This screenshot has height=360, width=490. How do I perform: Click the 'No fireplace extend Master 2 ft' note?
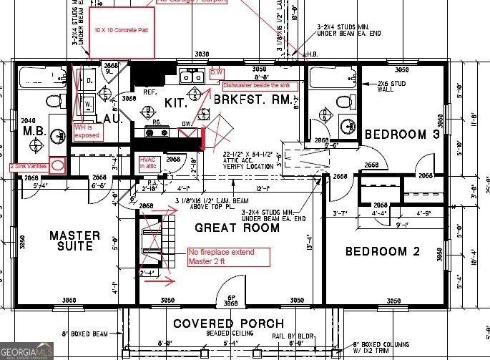pos(227,256)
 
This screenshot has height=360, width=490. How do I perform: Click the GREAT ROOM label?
pos(237,228)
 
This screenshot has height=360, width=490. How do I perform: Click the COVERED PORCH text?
pos(228,323)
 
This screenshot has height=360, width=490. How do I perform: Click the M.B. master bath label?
pos(34,132)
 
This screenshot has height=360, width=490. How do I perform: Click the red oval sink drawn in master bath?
pos(59,164)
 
